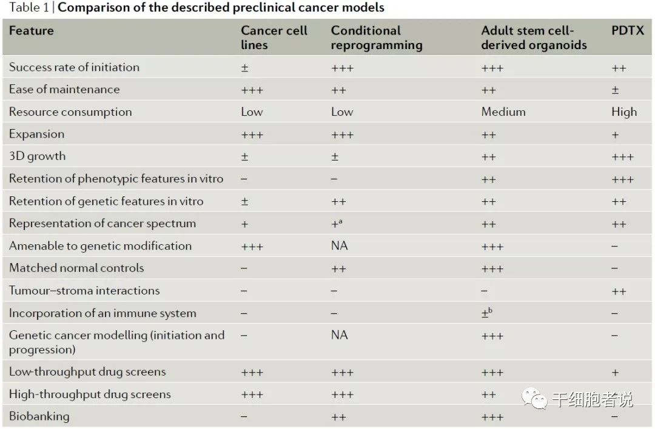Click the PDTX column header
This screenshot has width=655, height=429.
(628, 30)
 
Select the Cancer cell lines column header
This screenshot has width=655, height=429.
(274, 38)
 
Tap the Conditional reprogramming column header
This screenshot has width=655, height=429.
(376, 38)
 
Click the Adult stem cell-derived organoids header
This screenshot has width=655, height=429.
(534, 38)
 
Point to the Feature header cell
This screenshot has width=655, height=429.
(32, 30)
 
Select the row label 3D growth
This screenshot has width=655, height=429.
(37, 156)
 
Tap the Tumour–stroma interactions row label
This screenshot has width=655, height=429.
(84, 290)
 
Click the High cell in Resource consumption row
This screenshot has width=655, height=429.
(624, 112)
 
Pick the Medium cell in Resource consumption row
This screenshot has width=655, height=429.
(503, 112)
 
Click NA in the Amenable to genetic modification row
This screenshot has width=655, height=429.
(340, 246)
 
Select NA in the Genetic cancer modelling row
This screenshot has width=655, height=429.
(340, 335)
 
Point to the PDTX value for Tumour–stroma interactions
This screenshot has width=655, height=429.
(619, 291)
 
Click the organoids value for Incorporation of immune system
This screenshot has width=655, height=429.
(486, 313)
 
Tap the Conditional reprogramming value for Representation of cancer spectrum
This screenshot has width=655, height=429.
(337, 224)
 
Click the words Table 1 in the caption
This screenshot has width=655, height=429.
(29, 8)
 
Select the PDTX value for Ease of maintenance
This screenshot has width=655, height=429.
(615, 90)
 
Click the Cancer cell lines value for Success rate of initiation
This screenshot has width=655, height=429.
(244, 68)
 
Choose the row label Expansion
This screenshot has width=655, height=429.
(36, 134)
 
